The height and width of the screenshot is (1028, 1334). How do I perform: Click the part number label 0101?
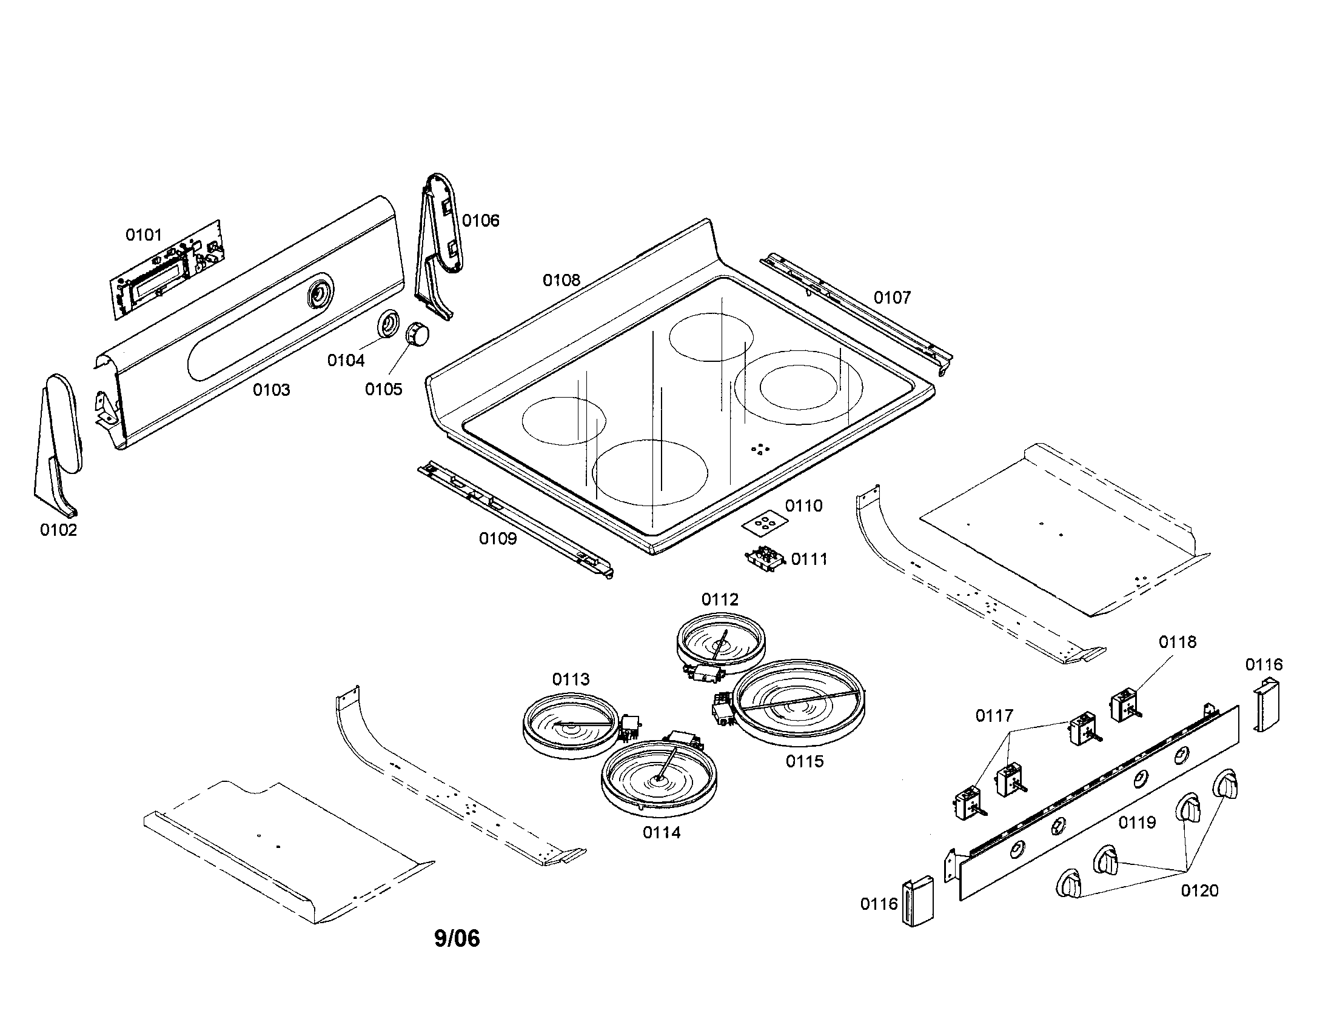tap(144, 235)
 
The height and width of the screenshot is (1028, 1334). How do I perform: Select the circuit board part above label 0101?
tap(167, 271)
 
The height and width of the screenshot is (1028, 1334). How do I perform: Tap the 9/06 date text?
tap(457, 938)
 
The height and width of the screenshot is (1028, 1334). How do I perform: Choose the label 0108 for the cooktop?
tap(561, 280)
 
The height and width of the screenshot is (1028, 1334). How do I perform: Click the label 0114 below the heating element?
tap(662, 832)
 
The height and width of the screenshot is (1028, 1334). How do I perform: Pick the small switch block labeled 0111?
tap(765, 559)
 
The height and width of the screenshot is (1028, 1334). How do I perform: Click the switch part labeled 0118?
tap(1124, 705)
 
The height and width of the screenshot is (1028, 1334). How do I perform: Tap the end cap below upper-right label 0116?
tap(1266, 707)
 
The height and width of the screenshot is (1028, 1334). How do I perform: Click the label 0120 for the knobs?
tap(1199, 890)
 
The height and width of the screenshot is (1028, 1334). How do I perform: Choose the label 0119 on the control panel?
tap(1137, 823)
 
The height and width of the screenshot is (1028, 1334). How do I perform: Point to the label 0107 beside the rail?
tap(892, 298)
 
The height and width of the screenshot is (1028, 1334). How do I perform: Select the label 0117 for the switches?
tap(994, 715)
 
